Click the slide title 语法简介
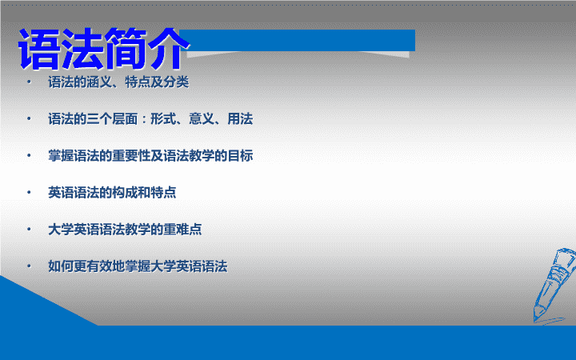pyautogui.click(x=103, y=49)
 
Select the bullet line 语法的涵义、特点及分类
pyautogui.click(x=118, y=82)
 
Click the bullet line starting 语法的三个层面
pyautogui.click(x=150, y=119)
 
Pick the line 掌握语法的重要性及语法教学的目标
pyautogui.click(x=150, y=156)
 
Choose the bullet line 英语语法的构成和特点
pyautogui.click(x=112, y=193)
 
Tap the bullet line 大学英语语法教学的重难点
pyautogui.click(x=125, y=230)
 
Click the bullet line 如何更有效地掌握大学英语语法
pyautogui.click(x=138, y=266)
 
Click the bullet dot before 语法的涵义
pyautogui.click(x=29, y=82)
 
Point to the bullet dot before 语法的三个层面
pyautogui.click(x=29, y=118)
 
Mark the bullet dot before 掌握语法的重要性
pyautogui.click(x=29, y=155)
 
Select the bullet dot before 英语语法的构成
pyautogui.click(x=29, y=192)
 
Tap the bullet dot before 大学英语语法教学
pyautogui.click(x=29, y=230)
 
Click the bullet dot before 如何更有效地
pyautogui.click(x=29, y=266)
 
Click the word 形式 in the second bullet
pyautogui.click(x=163, y=119)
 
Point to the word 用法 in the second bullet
pyautogui.click(x=240, y=119)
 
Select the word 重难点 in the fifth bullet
pyautogui.click(x=182, y=230)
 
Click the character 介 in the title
pyautogui.click(x=167, y=49)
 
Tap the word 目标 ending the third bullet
pyautogui.click(x=240, y=156)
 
